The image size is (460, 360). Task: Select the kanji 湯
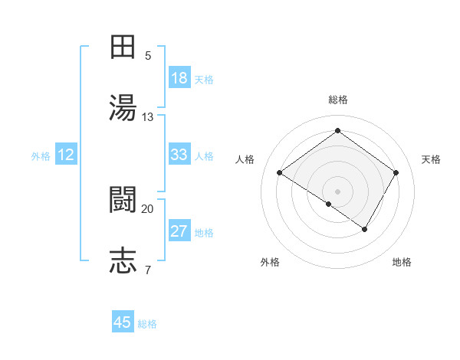pos(123,108)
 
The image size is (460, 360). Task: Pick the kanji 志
pos(123,260)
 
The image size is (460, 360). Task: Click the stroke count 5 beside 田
pos(148,56)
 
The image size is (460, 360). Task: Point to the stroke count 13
pos(148,117)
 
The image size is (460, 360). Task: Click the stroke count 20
pos(148,208)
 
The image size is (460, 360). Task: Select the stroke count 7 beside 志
pos(148,270)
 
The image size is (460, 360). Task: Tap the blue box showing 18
pos(179,78)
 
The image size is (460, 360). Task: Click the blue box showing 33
pos(179,155)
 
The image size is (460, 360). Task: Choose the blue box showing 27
pos(179,231)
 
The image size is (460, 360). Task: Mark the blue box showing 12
pos(66,155)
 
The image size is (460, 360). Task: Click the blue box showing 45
pos(123,322)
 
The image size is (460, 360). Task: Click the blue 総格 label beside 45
pos(147,324)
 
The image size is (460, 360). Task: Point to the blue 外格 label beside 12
pos(41,156)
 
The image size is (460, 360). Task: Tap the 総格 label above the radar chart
pos(337,100)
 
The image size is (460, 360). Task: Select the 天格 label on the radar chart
pos(431,159)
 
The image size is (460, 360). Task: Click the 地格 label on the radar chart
pos(402,262)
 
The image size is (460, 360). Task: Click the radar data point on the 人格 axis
pos(280,173)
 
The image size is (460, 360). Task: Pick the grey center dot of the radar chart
pos(337,190)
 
